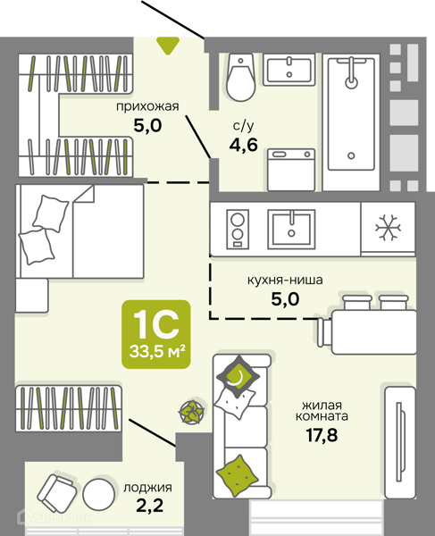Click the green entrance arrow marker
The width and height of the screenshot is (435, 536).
coord(168,46)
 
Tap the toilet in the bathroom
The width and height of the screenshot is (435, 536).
coord(241,77)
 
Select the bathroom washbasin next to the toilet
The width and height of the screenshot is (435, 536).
coord(289,70)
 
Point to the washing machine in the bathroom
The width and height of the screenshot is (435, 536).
coord(291,170)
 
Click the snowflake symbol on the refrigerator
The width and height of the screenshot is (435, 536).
coord(388,228)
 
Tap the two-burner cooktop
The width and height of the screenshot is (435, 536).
coord(238,228)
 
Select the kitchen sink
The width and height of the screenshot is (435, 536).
coord(291,229)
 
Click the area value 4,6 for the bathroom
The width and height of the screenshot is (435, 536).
coord(243,146)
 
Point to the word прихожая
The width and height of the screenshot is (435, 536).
coord(147,106)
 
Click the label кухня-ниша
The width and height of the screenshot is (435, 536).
coord(285,281)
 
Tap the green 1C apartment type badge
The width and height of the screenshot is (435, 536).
coord(156,334)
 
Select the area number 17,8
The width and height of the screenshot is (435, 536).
coord(322,435)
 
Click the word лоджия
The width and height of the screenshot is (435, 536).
coord(147,488)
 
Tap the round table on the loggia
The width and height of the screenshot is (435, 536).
coord(99,493)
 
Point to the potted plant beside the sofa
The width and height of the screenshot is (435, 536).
coord(192,412)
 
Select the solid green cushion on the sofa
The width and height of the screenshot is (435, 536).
coord(237,475)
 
